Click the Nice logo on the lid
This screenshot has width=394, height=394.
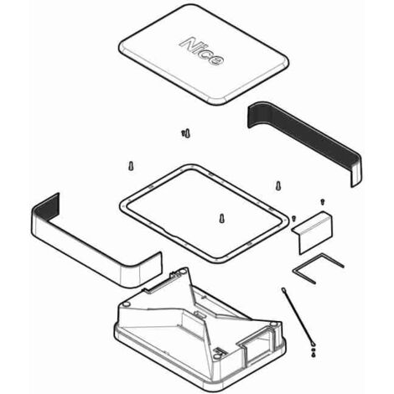click(x=201, y=51)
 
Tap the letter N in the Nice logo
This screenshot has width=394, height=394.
click(x=188, y=44)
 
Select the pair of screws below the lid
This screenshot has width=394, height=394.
click(x=186, y=133)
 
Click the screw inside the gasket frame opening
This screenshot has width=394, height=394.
click(x=221, y=218)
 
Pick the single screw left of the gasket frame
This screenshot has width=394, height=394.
click(x=131, y=166)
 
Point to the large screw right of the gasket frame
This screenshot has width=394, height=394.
click(x=278, y=186)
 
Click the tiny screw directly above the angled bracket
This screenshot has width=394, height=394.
click(x=322, y=202)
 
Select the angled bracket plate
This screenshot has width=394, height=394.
click(x=313, y=233)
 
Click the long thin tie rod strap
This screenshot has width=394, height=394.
click(x=298, y=316)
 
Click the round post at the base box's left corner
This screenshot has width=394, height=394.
click(x=127, y=303)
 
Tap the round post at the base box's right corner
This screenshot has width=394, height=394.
click(x=274, y=324)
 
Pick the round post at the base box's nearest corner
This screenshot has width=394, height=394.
click(x=216, y=356)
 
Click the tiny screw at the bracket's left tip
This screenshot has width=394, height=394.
click(x=293, y=219)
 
